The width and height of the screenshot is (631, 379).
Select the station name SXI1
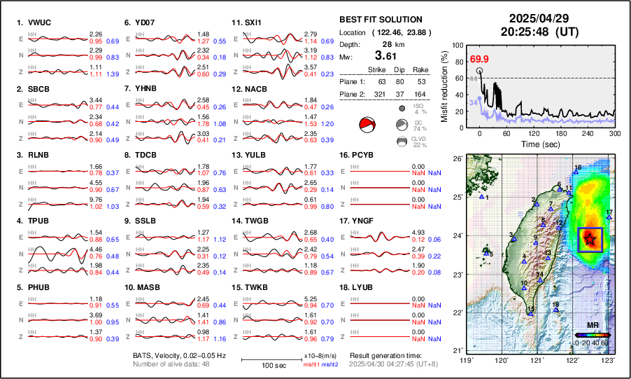[x=252, y=22]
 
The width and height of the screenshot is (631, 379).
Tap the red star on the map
[x=590, y=240]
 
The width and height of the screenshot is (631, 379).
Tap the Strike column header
[x=378, y=69]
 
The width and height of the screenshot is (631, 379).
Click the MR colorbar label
[x=592, y=326]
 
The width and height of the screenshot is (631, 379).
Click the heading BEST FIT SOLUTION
[x=380, y=20]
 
